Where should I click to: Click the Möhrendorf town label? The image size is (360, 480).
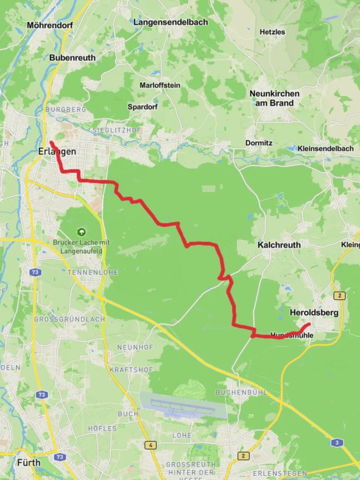tap(49, 25)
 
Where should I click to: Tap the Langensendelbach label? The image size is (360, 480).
tap(171, 22)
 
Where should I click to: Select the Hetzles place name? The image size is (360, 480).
tap(272, 32)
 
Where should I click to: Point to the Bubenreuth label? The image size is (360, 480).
tap(72, 57)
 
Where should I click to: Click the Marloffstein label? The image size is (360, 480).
tap(160, 85)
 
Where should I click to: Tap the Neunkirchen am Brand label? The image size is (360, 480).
tap(274, 98)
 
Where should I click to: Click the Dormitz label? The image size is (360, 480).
tap(259, 143)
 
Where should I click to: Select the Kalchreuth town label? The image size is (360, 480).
tap(279, 245)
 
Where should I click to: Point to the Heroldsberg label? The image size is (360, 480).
tap(314, 312)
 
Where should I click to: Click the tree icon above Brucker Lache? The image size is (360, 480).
tap(81, 232)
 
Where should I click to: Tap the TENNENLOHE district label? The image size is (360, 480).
tap(92, 272)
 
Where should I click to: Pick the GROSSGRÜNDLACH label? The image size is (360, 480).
tap(70, 319)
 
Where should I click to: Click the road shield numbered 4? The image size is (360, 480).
tap(151, 445)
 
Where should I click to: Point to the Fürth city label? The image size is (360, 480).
tap(28, 463)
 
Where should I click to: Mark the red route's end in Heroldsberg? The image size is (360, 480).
tap(309, 324)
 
